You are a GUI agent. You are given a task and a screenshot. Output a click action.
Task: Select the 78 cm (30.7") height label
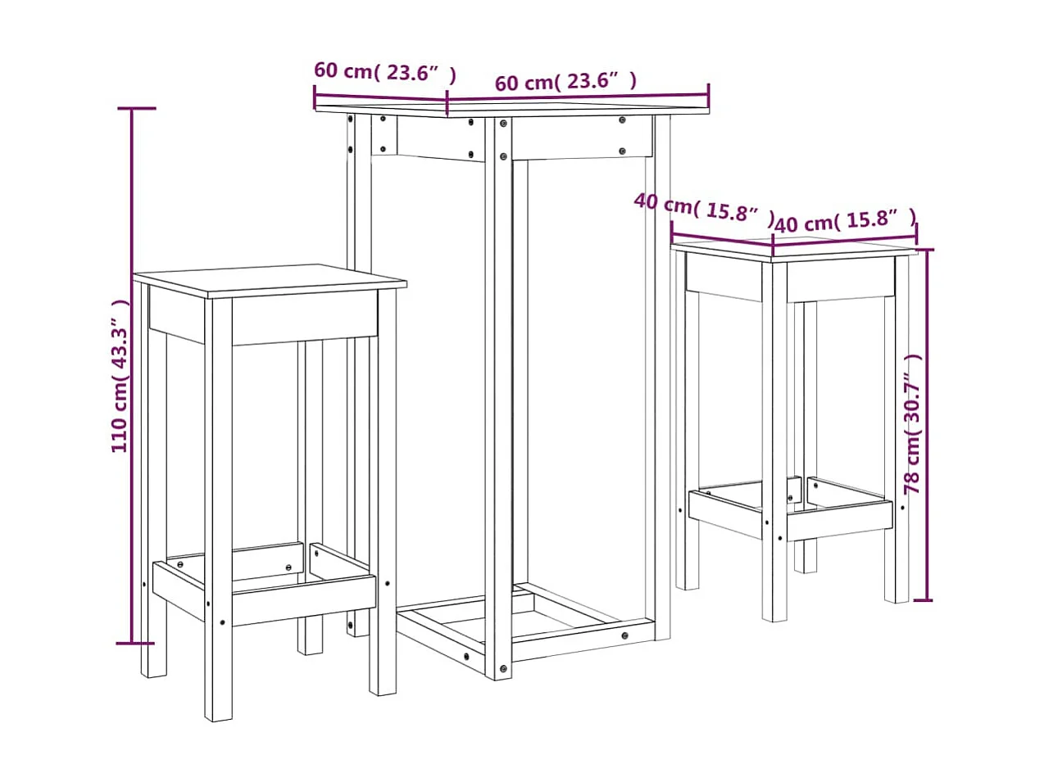[x=913, y=423]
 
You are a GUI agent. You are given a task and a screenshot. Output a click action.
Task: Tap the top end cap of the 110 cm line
[x=132, y=108]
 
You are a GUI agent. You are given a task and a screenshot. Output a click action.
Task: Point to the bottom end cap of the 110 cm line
[x=132, y=644]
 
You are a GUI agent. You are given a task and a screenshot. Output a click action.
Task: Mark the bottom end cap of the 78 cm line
[x=924, y=600]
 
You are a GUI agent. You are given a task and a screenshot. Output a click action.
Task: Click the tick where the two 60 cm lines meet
[x=447, y=104]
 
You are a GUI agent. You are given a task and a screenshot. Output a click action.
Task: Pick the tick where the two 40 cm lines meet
[x=774, y=242]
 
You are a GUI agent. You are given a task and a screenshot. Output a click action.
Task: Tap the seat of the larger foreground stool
[x=270, y=280]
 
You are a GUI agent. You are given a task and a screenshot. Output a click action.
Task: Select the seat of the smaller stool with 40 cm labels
[x=793, y=247]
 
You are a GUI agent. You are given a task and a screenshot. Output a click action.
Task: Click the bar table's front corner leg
[x=499, y=393]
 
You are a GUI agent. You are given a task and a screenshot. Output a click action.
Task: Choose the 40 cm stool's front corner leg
[x=775, y=442]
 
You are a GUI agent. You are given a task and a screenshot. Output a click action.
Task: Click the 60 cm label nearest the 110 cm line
[x=384, y=72]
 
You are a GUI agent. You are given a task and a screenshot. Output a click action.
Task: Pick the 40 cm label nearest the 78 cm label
[x=844, y=222]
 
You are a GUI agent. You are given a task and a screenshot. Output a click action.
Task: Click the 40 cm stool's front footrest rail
[x=839, y=520]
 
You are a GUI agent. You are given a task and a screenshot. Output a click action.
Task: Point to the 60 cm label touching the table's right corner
[x=565, y=82]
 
